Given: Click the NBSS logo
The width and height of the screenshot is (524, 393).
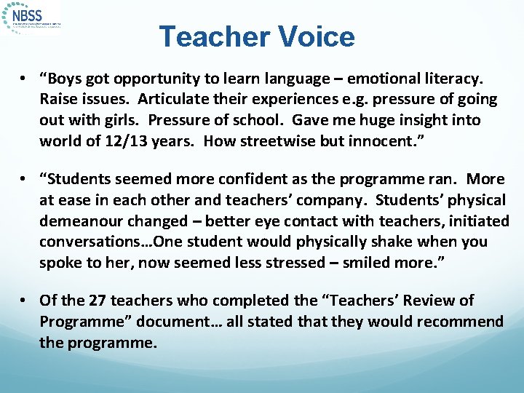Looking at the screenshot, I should (x=33, y=17).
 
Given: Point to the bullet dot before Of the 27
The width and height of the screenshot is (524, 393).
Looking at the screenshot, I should (x=25, y=301).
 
